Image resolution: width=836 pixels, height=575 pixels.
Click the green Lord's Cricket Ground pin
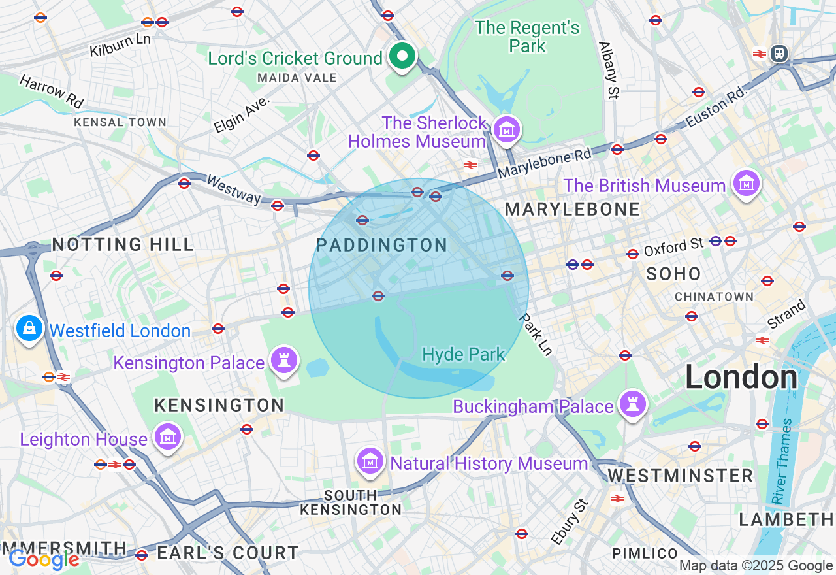403,57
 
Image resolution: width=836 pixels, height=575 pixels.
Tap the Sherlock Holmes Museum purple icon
507,130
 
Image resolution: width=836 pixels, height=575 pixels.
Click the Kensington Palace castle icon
284,361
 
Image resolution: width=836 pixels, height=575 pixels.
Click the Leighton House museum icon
167,437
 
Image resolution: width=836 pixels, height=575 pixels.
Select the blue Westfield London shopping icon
29,329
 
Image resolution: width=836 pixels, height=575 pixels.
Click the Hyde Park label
464,355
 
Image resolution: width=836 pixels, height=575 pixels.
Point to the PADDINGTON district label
381,246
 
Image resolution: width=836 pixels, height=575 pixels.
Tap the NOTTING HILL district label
123,245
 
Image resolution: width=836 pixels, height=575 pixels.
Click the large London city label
741,378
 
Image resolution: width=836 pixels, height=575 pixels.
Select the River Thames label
782,461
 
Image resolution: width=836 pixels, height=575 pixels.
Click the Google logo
44,559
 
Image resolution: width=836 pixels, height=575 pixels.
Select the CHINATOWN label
714,297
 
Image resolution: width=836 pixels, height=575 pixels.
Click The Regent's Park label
527,37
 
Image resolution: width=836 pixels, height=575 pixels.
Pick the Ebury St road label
570,521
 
